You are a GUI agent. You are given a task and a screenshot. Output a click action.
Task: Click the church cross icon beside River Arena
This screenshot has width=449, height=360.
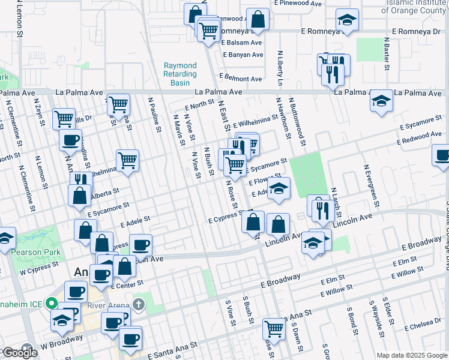[139, 304]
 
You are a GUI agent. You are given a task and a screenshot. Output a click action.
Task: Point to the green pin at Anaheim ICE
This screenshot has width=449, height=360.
[52, 304]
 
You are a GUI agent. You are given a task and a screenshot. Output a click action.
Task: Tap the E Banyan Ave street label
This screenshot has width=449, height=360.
[243, 55]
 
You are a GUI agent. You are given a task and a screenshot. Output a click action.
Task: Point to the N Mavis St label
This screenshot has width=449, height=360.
[178, 130]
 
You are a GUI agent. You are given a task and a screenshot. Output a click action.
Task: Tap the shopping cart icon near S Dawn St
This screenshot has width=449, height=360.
[274, 328]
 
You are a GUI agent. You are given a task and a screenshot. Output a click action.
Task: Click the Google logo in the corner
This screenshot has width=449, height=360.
[20, 353]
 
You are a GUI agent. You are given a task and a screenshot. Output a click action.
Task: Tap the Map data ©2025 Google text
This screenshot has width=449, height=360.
[412, 355]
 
